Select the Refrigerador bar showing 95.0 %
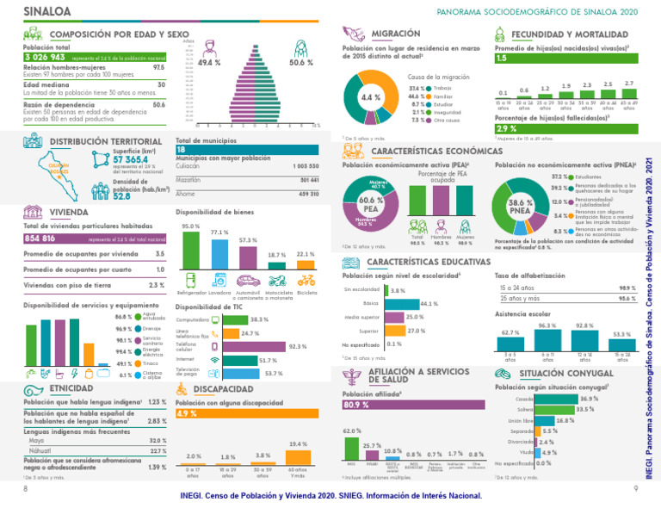[190, 250]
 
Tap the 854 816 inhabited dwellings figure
[41, 238]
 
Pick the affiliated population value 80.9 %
[355, 405]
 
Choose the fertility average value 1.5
[502, 59]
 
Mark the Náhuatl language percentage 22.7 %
[158, 450]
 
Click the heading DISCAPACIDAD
[224, 388]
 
